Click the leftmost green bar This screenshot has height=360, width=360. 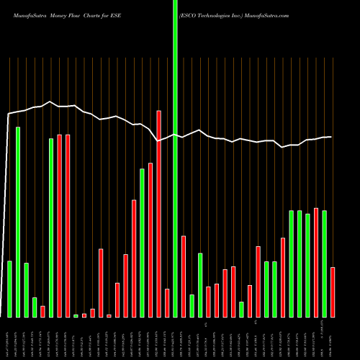(x=10, y=289)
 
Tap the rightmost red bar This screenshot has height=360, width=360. (x=333, y=292)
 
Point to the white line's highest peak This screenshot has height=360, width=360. (x=49, y=102)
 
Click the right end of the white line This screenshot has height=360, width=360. (x=331, y=137)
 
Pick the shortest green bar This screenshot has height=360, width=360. (x=76, y=315)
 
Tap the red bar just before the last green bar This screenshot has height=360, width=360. (x=316, y=262)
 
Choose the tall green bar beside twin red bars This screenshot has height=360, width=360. (x=51, y=228)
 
